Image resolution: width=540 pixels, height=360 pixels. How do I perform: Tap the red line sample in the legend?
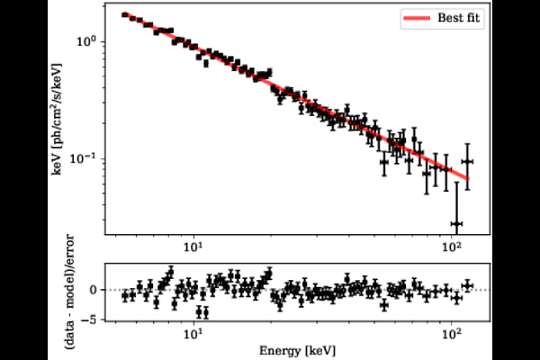424,18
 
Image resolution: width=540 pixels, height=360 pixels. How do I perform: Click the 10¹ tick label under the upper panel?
193,246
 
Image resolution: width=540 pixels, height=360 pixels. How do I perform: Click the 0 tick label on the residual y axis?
104,290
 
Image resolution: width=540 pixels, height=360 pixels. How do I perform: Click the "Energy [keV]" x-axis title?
294,351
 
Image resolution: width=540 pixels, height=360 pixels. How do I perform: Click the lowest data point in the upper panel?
456,223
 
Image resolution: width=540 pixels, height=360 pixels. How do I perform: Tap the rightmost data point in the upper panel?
467,162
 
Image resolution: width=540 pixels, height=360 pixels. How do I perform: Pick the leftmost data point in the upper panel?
125,14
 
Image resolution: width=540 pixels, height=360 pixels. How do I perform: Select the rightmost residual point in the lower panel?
467,285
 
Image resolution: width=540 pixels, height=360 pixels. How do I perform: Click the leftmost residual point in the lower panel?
125,295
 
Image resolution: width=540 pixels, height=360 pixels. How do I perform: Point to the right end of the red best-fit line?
469,178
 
